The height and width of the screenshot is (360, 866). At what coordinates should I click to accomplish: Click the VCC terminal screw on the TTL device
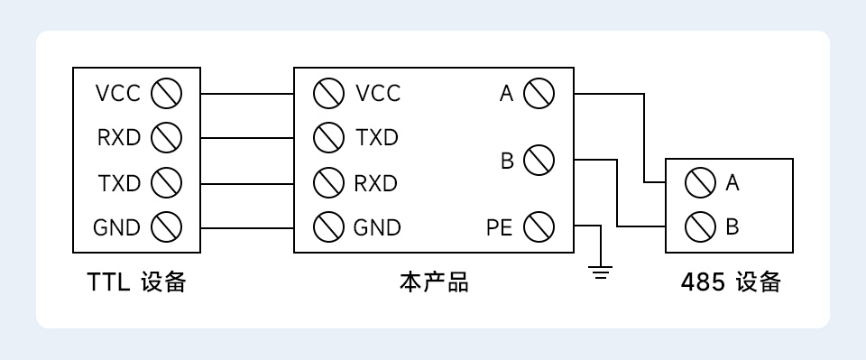click(166, 93)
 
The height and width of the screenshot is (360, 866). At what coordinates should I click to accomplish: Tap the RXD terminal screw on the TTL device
click(166, 138)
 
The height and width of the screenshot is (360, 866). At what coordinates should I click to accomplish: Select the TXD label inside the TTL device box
click(119, 183)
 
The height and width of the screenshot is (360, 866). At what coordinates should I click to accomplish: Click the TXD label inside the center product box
click(376, 138)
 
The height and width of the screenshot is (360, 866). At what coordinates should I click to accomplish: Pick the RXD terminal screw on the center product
click(328, 183)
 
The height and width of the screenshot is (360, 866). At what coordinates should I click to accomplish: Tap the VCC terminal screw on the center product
click(328, 93)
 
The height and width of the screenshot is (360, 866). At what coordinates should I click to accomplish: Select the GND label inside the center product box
click(376, 227)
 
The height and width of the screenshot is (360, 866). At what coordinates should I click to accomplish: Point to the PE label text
click(499, 227)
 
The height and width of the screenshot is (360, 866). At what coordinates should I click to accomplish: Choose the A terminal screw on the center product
click(539, 93)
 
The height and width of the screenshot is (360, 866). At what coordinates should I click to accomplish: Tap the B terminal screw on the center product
click(539, 161)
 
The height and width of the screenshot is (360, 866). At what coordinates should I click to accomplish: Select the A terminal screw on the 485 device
click(700, 183)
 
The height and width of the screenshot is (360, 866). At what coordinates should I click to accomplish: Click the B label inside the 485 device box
click(732, 226)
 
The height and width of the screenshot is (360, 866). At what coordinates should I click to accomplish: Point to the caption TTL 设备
click(136, 282)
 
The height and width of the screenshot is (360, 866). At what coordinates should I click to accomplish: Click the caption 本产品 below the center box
click(433, 282)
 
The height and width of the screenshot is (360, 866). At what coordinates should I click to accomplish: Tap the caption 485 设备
click(730, 282)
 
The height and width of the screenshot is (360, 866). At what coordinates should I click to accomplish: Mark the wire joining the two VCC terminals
click(246, 93)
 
